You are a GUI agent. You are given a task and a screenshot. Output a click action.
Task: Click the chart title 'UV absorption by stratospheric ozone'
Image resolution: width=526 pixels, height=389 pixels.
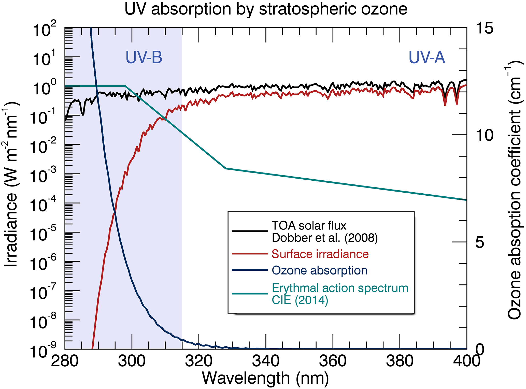click(x=266, y=9)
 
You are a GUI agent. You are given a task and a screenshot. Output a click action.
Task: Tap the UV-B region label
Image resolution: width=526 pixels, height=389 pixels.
click(x=144, y=57)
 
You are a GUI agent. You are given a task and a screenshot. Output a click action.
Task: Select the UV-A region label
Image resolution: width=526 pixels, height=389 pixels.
click(x=427, y=57)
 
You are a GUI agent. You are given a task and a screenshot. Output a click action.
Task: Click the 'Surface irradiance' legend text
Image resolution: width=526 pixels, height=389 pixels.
click(x=320, y=254)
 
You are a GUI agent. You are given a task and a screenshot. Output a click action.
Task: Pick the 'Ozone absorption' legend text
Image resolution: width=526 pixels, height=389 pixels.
click(x=320, y=270)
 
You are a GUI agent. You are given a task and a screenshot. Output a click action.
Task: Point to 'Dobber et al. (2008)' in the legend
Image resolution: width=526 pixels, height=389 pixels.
click(x=325, y=238)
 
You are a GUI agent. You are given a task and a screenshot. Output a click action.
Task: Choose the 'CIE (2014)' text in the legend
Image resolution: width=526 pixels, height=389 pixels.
click(x=300, y=300)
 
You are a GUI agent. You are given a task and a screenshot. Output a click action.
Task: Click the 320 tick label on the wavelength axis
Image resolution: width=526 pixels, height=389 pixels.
click(x=198, y=361)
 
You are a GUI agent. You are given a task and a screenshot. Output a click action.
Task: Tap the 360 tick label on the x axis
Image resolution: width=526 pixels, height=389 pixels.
click(x=333, y=361)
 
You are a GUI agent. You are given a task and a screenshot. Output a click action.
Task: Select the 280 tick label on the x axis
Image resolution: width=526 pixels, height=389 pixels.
click(x=65, y=361)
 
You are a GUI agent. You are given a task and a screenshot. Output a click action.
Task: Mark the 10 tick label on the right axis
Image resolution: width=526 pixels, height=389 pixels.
click(x=485, y=135)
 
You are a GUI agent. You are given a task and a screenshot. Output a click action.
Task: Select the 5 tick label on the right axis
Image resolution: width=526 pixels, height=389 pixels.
click(x=480, y=242)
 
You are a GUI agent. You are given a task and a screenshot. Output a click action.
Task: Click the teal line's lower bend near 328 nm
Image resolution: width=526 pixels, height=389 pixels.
click(x=225, y=168)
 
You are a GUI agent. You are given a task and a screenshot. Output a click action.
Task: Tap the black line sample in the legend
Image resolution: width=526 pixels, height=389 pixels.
click(x=250, y=231)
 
